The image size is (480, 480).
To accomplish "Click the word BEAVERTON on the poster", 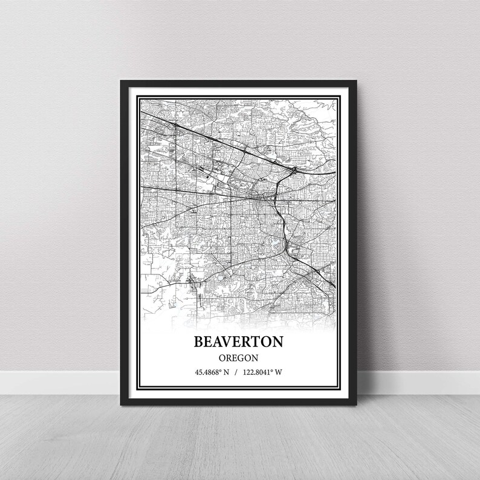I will click(239, 341).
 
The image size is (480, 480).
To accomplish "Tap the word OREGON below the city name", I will click(239, 357).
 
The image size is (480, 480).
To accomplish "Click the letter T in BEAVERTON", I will click(258, 341).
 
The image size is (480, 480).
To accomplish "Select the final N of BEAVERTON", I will click(278, 341).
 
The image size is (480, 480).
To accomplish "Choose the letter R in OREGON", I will click(227, 357).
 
